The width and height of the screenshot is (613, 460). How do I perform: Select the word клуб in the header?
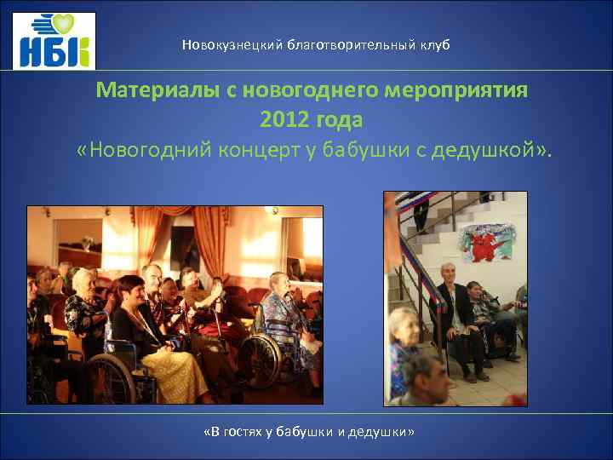pos(433,44)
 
